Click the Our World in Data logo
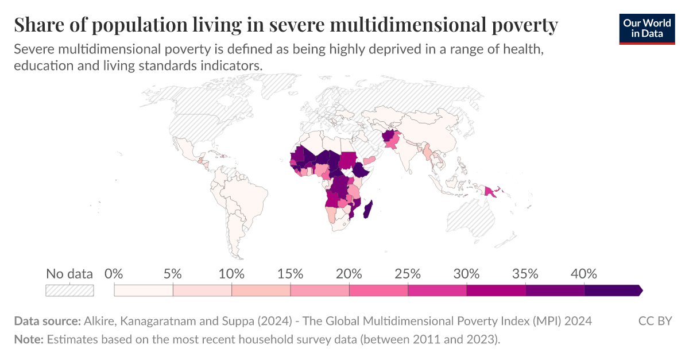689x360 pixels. coord(647,29)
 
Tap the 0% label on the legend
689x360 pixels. coord(115,274)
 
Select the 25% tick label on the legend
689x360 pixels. coord(408,274)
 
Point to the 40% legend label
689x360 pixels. coord(584,274)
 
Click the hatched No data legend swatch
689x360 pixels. coord(69,291)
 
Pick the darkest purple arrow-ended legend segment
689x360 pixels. coord(612,291)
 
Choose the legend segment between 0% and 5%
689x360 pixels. coord(144,291)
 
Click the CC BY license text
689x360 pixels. coord(655,320)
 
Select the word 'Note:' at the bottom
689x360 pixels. coord(29,339)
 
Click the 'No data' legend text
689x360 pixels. coord(69,274)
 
